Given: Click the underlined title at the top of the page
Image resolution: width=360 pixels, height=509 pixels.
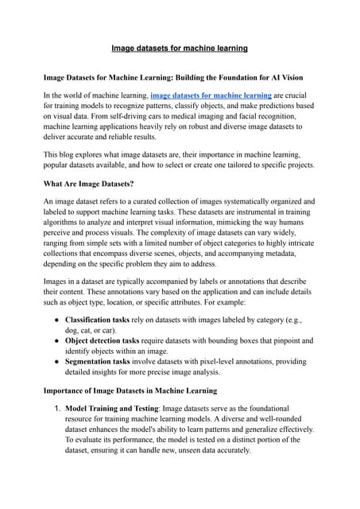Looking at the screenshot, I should pos(180,49).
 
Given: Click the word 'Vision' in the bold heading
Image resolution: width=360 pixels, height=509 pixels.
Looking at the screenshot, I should pos(298,77).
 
